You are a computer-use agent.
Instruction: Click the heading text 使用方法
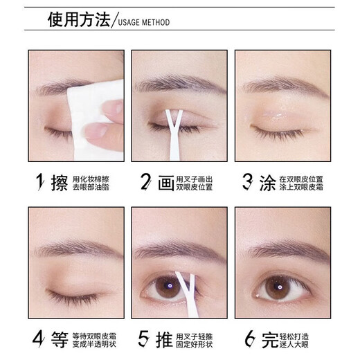(x=78, y=21)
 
